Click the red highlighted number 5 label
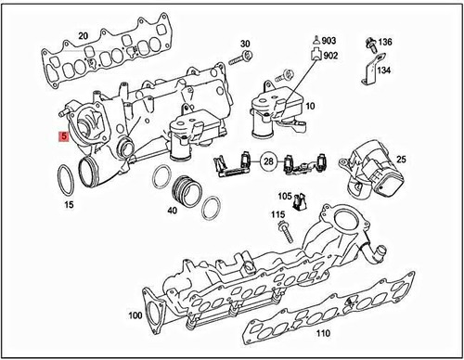pyautogui.click(x=62, y=137)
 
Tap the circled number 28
pyautogui.click(x=267, y=161)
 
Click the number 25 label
pyautogui.click(x=401, y=160)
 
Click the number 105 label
pyautogui.click(x=286, y=197)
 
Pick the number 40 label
pyautogui.click(x=173, y=210)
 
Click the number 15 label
pyautogui.click(x=68, y=202)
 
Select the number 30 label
pyautogui.click(x=246, y=45)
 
